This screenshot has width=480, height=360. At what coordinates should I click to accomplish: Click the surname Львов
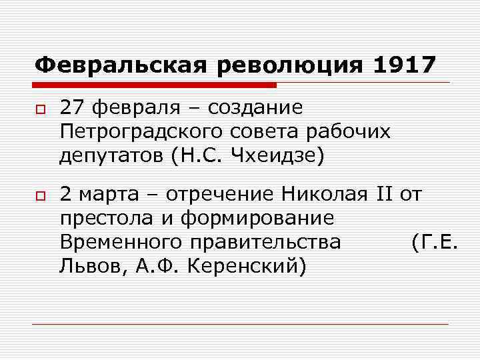point(85,267)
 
